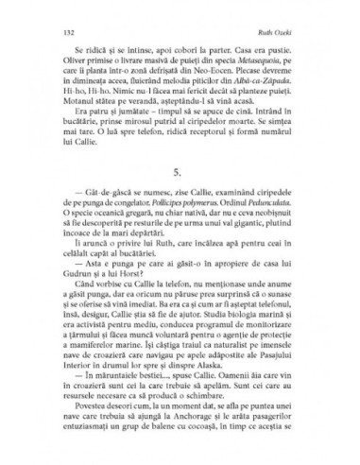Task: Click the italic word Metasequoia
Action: point(231,88)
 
